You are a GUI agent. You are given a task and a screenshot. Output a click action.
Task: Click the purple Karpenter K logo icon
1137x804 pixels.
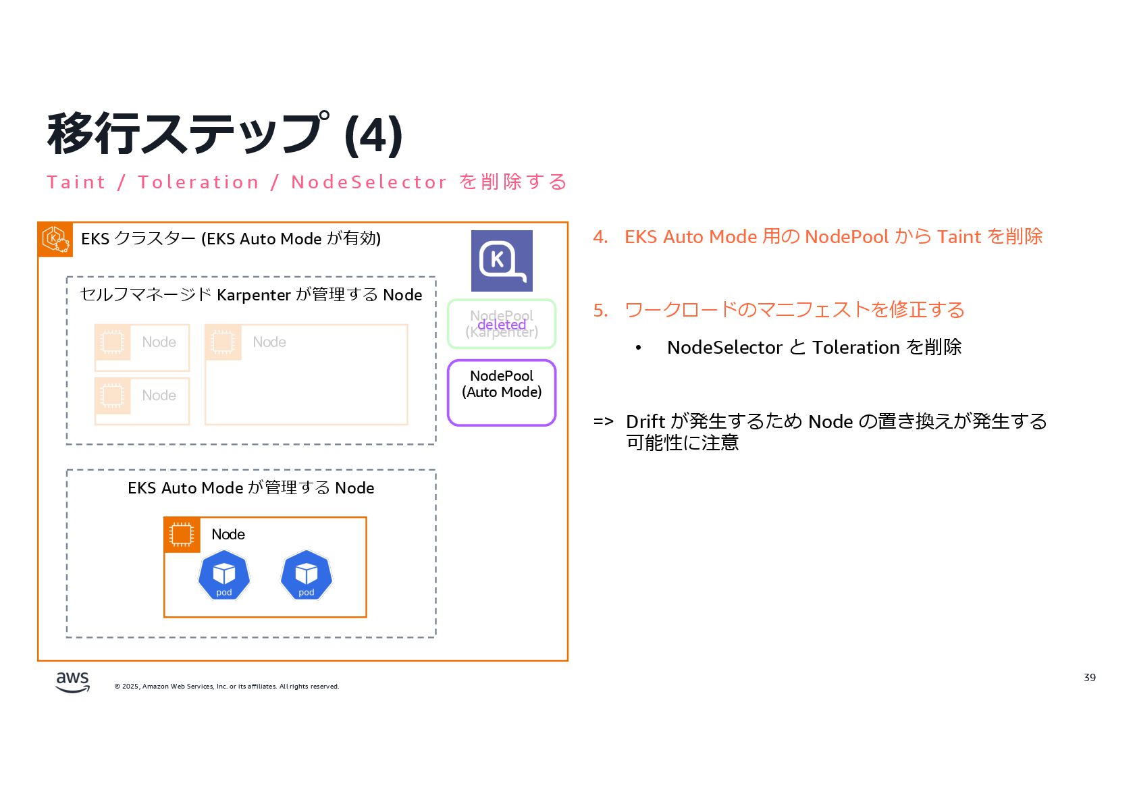(502, 261)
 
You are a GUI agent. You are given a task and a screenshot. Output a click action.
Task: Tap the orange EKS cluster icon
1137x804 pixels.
(55, 240)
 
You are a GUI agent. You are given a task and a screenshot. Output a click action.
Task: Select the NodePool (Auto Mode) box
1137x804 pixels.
(502, 392)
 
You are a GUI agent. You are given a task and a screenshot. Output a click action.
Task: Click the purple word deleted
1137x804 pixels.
(502, 325)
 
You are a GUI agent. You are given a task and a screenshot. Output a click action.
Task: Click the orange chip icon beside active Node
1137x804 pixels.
(182, 535)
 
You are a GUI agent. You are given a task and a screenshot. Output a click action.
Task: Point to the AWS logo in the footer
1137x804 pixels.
(72, 682)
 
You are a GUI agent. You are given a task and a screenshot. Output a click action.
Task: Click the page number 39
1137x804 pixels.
(1089, 677)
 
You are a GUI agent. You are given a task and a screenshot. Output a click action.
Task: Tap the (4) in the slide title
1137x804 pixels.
(373, 135)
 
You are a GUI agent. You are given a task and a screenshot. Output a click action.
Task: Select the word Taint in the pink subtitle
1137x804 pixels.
(76, 182)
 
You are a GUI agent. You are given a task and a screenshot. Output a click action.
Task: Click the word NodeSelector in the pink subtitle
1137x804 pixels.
(369, 182)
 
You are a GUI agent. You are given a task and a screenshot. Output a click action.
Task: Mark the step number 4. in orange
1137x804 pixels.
(600, 237)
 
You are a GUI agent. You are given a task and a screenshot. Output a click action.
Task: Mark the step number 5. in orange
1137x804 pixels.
(600, 310)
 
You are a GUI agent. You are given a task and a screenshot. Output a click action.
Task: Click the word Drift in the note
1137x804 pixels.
(645, 422)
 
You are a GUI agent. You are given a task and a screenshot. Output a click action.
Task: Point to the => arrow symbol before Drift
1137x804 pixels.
(603, 422)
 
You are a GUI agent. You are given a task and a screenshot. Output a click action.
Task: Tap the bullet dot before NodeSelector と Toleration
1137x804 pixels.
(638, 348)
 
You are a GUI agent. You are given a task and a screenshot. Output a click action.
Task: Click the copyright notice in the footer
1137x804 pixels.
(227, 687)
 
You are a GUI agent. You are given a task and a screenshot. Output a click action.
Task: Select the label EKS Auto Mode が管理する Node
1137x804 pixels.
(250, 488)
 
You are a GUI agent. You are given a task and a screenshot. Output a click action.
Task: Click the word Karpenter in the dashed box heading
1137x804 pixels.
(254, 295)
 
